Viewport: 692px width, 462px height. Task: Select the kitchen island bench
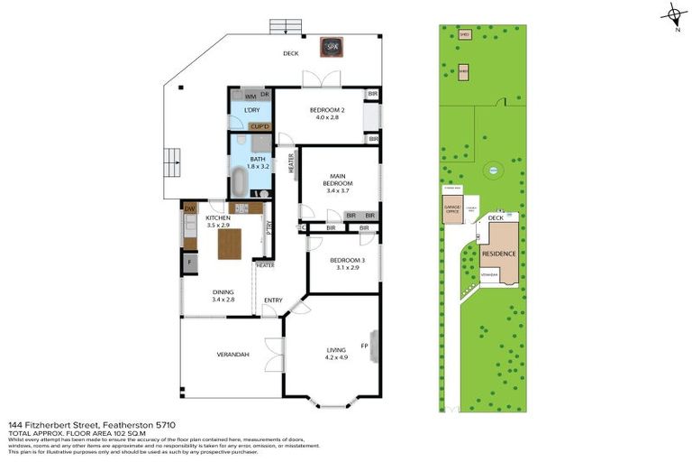pos(231,244)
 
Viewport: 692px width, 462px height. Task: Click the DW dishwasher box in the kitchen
pos(190,209)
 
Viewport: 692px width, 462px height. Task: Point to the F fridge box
pos(190,263)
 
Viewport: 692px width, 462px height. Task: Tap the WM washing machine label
pos(250,96)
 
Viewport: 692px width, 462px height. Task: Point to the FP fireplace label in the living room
pos(364,346)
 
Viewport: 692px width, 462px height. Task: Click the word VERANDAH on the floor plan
pos(232,355)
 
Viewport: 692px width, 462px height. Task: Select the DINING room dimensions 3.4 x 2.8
pos(223,300)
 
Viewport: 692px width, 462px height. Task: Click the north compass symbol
pos(672,14)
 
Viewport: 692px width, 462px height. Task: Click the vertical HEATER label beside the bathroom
pos(291,162)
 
